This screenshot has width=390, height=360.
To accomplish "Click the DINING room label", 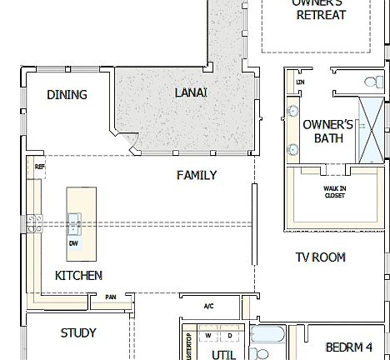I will click(x=67, y=95).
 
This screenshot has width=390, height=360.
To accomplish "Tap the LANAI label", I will click(x=191, y=92).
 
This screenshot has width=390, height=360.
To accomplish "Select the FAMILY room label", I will click(x=197, y=175).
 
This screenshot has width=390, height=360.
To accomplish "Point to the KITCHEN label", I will click(x=79, y=275).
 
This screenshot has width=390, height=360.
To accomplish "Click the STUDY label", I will click(x=78, y=332).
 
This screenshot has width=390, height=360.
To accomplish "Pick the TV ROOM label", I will click(x=320, y=257).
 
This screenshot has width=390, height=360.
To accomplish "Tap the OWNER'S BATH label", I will click(x=322, y=131).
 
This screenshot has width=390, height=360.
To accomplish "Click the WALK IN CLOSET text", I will click(x=335, y=192).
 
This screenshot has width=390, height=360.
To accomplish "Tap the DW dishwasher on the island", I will click(x=73, y=243).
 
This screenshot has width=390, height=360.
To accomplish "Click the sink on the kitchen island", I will click(x=74, y=222).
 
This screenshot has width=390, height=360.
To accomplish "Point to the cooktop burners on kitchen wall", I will click(x=34, y=222).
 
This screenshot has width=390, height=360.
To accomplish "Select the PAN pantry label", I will click(x=111, y=296).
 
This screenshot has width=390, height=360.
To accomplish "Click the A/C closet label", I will click(x=208, y=306).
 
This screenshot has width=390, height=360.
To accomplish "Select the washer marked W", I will click(x=207, y=336).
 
